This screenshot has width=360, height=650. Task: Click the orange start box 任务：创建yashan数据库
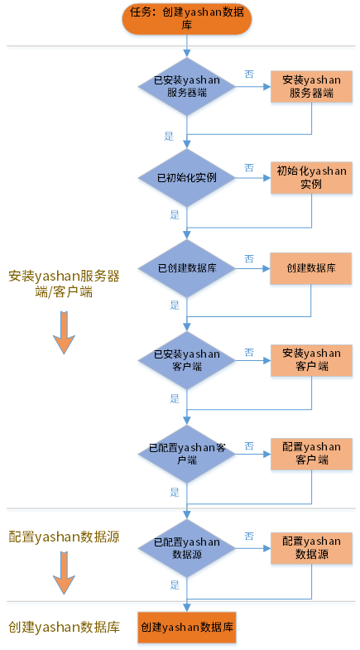click(x=187, y=19)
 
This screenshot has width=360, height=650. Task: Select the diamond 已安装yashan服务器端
click(x=187, y=87)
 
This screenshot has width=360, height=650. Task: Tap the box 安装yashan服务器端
click(x=311, y=86)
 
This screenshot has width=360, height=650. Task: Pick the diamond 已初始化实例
click(x=187, y=178)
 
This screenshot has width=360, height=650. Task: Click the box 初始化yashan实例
click(x=311, y=177)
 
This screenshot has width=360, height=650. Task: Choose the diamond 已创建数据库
click(x=187, y=268)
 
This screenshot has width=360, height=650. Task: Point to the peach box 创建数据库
click(x=311, y=268)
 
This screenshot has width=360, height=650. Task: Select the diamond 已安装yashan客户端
click(x=187, y=360)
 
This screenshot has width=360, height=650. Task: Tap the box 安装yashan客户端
click(x=311, y=360)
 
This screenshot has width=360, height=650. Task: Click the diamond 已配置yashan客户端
click(x=187, y=454)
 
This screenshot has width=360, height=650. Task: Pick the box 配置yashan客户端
click(x=311, y=454)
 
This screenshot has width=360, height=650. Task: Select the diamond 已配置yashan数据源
click(x=187, y=548)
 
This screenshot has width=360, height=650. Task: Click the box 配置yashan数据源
click(x=311, y=548)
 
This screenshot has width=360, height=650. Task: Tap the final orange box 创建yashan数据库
click(x=187, y=627)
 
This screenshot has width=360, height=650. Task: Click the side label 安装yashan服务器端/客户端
click(x=65, y=284)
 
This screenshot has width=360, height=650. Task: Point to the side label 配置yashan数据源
click(x=65, y=537)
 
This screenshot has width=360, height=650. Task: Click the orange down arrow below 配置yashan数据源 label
click(x=65, y=573)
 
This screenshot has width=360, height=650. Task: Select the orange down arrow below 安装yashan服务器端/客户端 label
click(x=65, y=333)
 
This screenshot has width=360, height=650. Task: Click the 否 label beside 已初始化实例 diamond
click(x=249, y=168)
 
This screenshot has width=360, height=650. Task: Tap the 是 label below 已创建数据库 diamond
click(x=175, y=306)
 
